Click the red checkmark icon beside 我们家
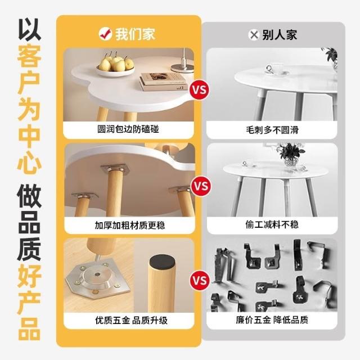point(105,34)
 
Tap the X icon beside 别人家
point(254,35)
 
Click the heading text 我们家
point(135,34)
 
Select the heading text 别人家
point(280,35)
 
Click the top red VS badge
point(199,89)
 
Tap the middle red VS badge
point(201,186)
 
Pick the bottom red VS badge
point(199,280)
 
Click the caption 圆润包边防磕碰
point(128,129)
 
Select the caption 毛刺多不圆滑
point(272,130)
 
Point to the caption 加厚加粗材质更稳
point(130,225)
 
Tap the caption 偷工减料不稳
point(272,224)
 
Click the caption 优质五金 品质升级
point(131,320)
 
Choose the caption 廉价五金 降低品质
point(272,320)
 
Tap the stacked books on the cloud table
point(163,82)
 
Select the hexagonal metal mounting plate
point(98,281)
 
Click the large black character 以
point(29,30)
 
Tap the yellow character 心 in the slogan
point(29,161)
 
